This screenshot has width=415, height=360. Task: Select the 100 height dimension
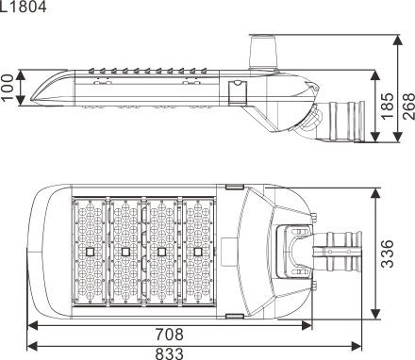(9, 87)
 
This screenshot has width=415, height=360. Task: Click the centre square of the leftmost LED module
(88, 252)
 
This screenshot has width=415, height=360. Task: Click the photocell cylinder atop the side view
(263, 46)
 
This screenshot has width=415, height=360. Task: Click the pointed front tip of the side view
(33, 94)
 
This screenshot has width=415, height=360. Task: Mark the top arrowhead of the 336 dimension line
(377, 188)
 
